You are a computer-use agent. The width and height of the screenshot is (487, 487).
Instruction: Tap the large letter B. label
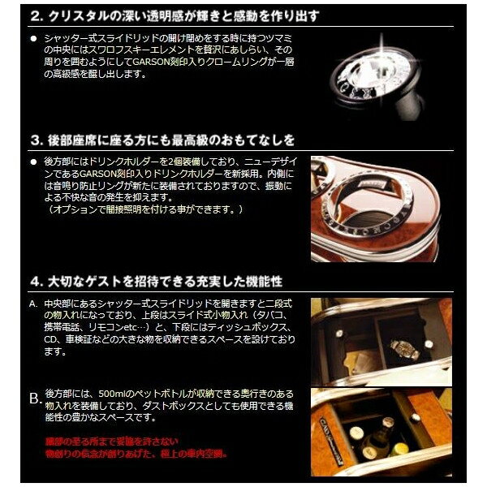(35, 399)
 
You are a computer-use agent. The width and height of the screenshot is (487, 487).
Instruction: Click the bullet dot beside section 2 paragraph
(33, 39)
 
